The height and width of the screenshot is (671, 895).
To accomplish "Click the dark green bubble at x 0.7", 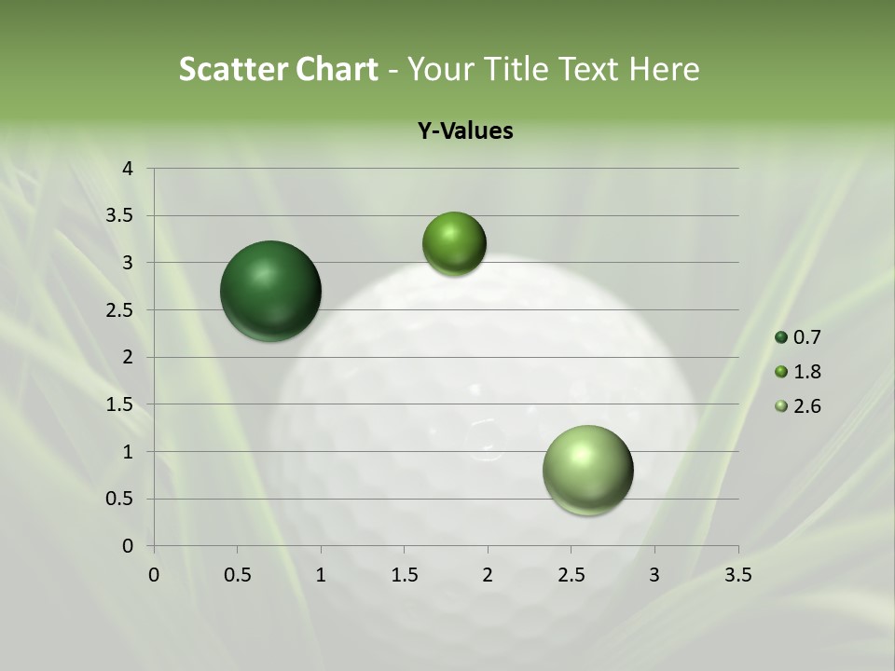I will point(271,291).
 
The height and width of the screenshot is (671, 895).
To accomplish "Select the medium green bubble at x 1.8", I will point(454,244).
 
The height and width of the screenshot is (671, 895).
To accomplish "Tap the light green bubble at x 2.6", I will point(587,470).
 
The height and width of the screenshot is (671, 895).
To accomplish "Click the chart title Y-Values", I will point(464,131).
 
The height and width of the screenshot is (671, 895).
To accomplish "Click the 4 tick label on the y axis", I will point(128,169).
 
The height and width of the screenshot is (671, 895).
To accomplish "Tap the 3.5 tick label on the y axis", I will point(119,215).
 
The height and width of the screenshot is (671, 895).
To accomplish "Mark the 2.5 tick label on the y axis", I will point(119,310).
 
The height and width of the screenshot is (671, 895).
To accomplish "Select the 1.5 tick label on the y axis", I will point(119,404).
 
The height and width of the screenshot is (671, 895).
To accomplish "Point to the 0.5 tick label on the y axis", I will point(119,499).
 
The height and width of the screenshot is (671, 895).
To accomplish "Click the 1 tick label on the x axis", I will point(321,575).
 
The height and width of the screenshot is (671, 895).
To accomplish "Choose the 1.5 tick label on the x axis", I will point(404,575).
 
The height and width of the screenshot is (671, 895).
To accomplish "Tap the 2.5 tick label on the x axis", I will point(571,575).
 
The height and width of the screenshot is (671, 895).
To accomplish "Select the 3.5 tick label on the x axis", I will point(737,575).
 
